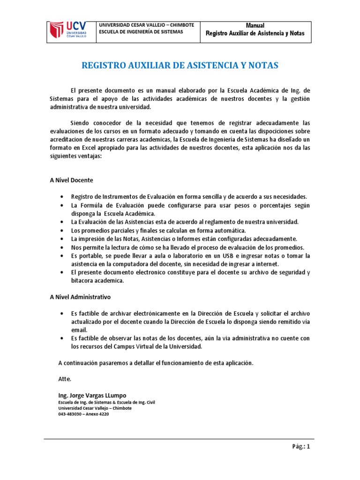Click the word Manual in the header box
tap(255, 25)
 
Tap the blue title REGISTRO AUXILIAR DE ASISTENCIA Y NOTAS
tap(180, 66)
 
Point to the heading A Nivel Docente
tap(71, 180)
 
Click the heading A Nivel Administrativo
tap(80, 297)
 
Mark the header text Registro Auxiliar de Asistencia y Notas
tap(255, 33)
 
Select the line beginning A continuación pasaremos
tap(156, 363)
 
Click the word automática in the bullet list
tap(229, 231)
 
